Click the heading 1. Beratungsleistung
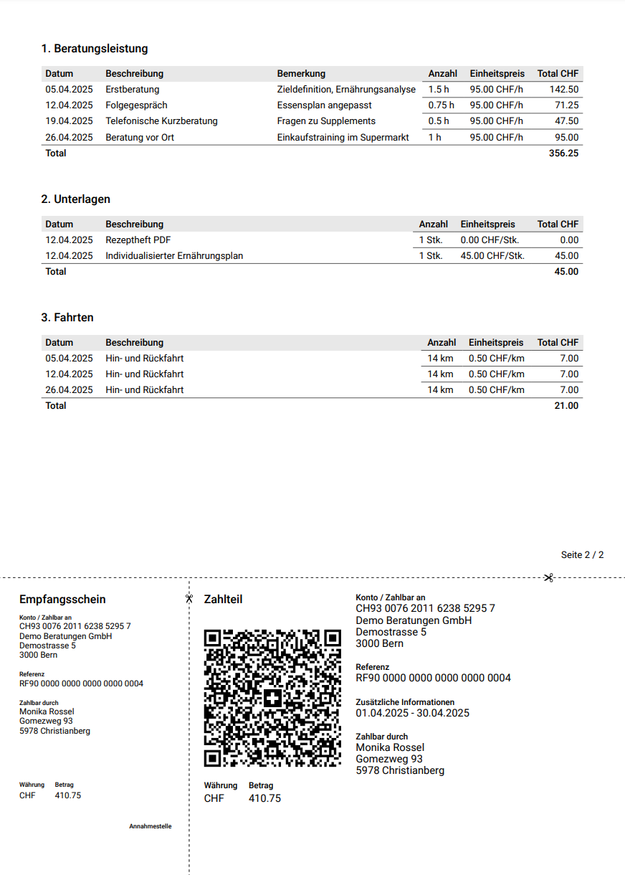coord(95,49)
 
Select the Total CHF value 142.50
coord(563,90)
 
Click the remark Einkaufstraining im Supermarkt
coord(343,137)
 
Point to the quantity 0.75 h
coord(441,105)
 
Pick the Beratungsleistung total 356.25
coord(563,153)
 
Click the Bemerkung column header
coord(301,74)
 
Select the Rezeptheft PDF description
coord(138,240)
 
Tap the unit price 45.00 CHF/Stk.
coord(492,256)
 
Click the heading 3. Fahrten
coord(67,318)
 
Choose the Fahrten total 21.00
coord(566,406)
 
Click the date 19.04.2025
coord(69,121)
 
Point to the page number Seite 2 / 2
coord(582,555)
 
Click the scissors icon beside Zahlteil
coord(189,598)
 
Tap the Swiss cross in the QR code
coord(272,699)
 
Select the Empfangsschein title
coord(62,600)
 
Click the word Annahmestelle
coord(150,826)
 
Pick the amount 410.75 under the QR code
coord(264,798)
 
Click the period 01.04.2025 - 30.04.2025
coord(412,713)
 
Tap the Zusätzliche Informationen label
coord(405,702)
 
